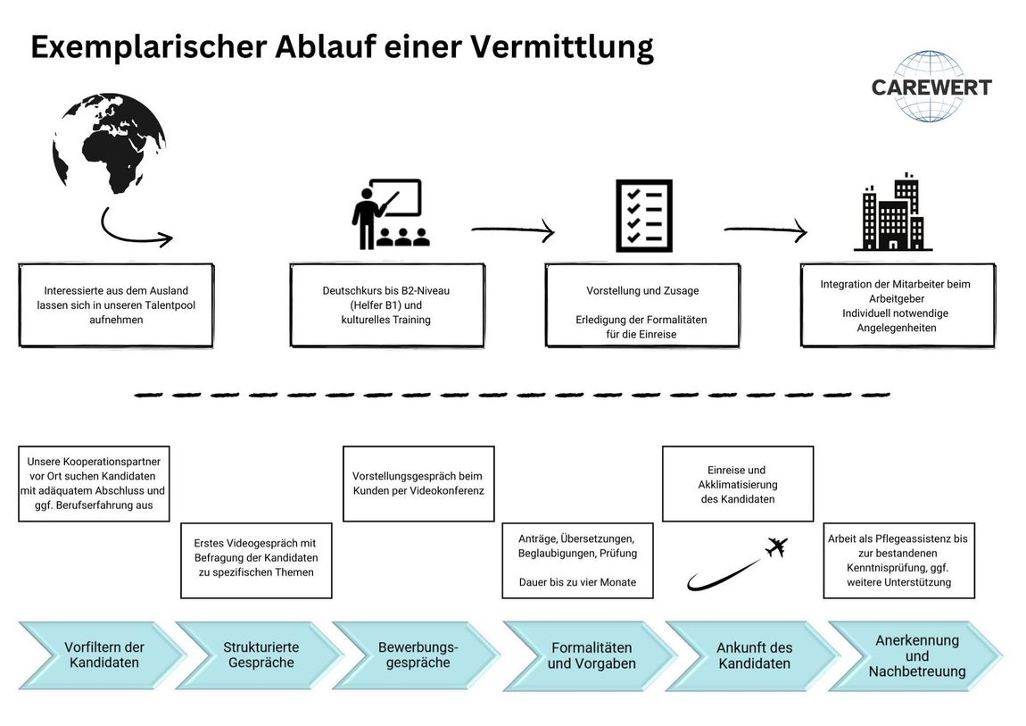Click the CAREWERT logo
(x=931, y=87)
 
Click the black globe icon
(x=109, y=143)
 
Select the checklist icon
(x=644, y=215)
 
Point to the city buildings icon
(x=893, y=213)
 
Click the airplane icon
(x=776, y=547)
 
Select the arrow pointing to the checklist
(x=513, y=230)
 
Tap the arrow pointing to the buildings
(x=765, y=230)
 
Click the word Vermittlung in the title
(x=561, y=46)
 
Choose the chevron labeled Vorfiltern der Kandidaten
(x=102, y=655)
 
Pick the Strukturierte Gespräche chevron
(x=260, y=655)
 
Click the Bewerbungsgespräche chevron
(x=417, y=655)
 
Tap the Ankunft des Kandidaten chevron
(x=753, y=655)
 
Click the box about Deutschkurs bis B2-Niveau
(x=386, y=305)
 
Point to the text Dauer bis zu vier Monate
(x=578, y=582)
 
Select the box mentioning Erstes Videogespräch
(x=256, y=560)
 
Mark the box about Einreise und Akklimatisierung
(x=738, y=484)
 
